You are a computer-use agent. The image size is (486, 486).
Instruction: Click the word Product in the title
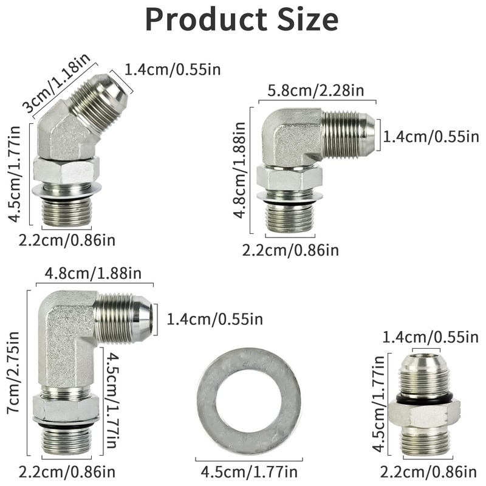point(206,19)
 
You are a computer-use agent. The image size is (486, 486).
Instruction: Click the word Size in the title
point(308,19)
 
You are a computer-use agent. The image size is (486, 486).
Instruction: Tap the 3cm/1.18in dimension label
point(57,83)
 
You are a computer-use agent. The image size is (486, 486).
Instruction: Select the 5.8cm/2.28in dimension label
point(316,91)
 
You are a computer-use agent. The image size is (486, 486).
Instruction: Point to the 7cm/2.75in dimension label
point(13,372)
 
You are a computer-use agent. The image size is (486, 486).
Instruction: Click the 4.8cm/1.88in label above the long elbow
point(93,273)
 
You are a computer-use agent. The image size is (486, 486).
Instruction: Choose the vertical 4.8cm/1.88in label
point(239,170)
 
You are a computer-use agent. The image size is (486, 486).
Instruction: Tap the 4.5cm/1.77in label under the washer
point(249,472)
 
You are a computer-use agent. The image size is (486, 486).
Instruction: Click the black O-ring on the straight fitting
point(424,397)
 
